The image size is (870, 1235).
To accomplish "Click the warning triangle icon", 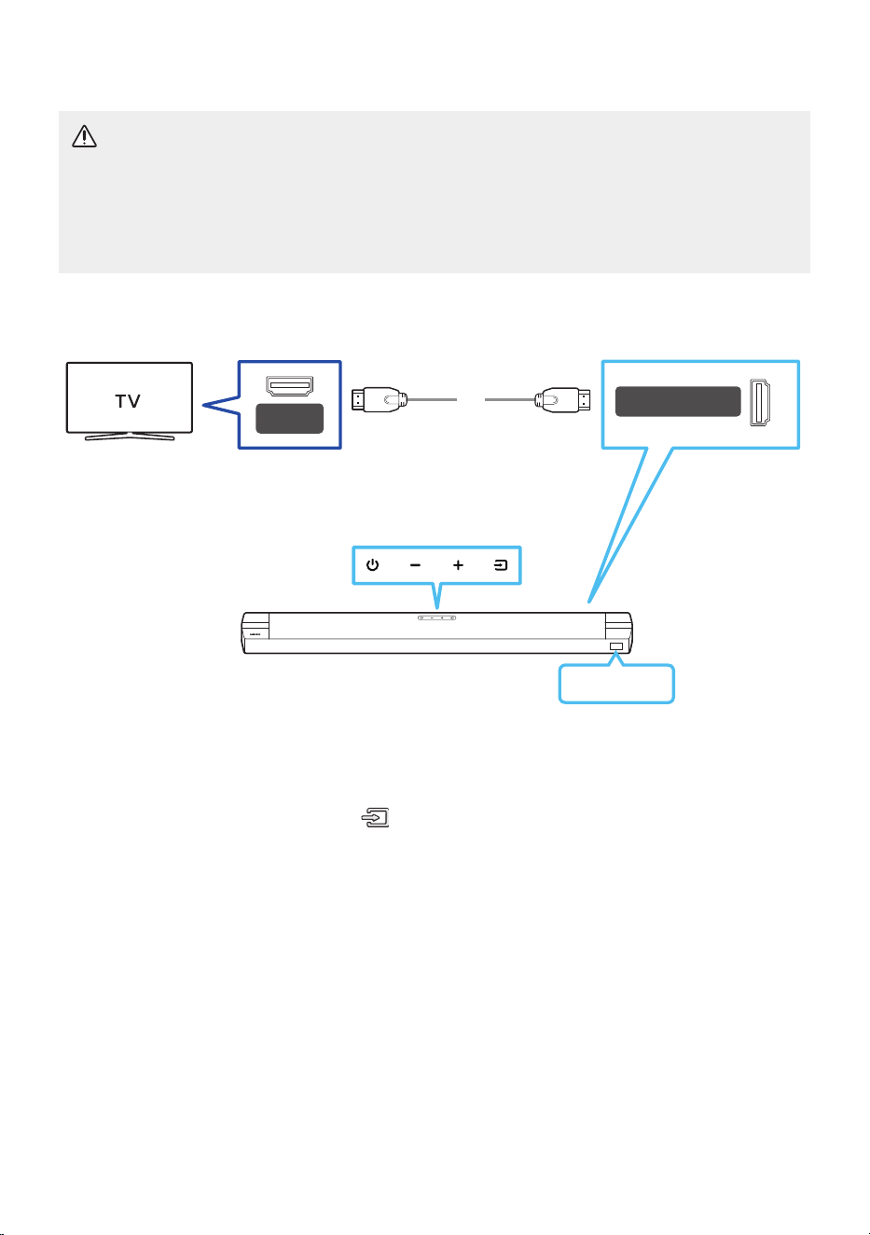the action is pyautogui.click(x=84, y=136).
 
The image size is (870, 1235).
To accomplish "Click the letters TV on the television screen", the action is pyautogui.click(x=128, y=401).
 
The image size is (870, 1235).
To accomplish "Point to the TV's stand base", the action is pyautogui.click(x=130, y=437).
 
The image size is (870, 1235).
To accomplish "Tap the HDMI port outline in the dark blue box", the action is pyautogui.click(x=289, y=385).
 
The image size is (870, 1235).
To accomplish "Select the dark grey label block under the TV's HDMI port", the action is pyautogui.click(x=289, y=419).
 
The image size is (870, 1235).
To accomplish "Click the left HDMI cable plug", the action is pyautogui.click(x=380, y=400).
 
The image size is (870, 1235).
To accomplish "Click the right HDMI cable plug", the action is pyautogui.click(x=562, y=400).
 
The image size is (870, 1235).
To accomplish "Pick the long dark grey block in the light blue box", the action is pyautogui.click(x=678, y=401).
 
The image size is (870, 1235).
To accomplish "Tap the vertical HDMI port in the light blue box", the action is pyautogui.click(x=760, y=402).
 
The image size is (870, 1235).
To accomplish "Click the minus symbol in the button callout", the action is pyautogui.click(x=415, y=565).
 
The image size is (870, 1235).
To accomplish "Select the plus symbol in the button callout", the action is pyautogui.click(x=458, y=565).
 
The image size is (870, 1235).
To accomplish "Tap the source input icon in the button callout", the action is pyautogui.click(x=501, y=565).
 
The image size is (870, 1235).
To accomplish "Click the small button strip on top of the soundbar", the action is pyautogui.click(x=436, y=617).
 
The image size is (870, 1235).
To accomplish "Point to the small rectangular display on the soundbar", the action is pyautogui.click(x=615, y=646).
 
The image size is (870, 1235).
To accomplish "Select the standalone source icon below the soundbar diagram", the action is pyautogui.click(x=376, y=817).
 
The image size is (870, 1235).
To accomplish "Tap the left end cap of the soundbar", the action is pyautogui.click(x=255, y=632).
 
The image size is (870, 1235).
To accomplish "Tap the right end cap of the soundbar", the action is pyautogui.click(x=618, y=632).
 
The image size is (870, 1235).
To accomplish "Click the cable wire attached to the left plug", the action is pyautogui.click(x=433, y=400).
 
